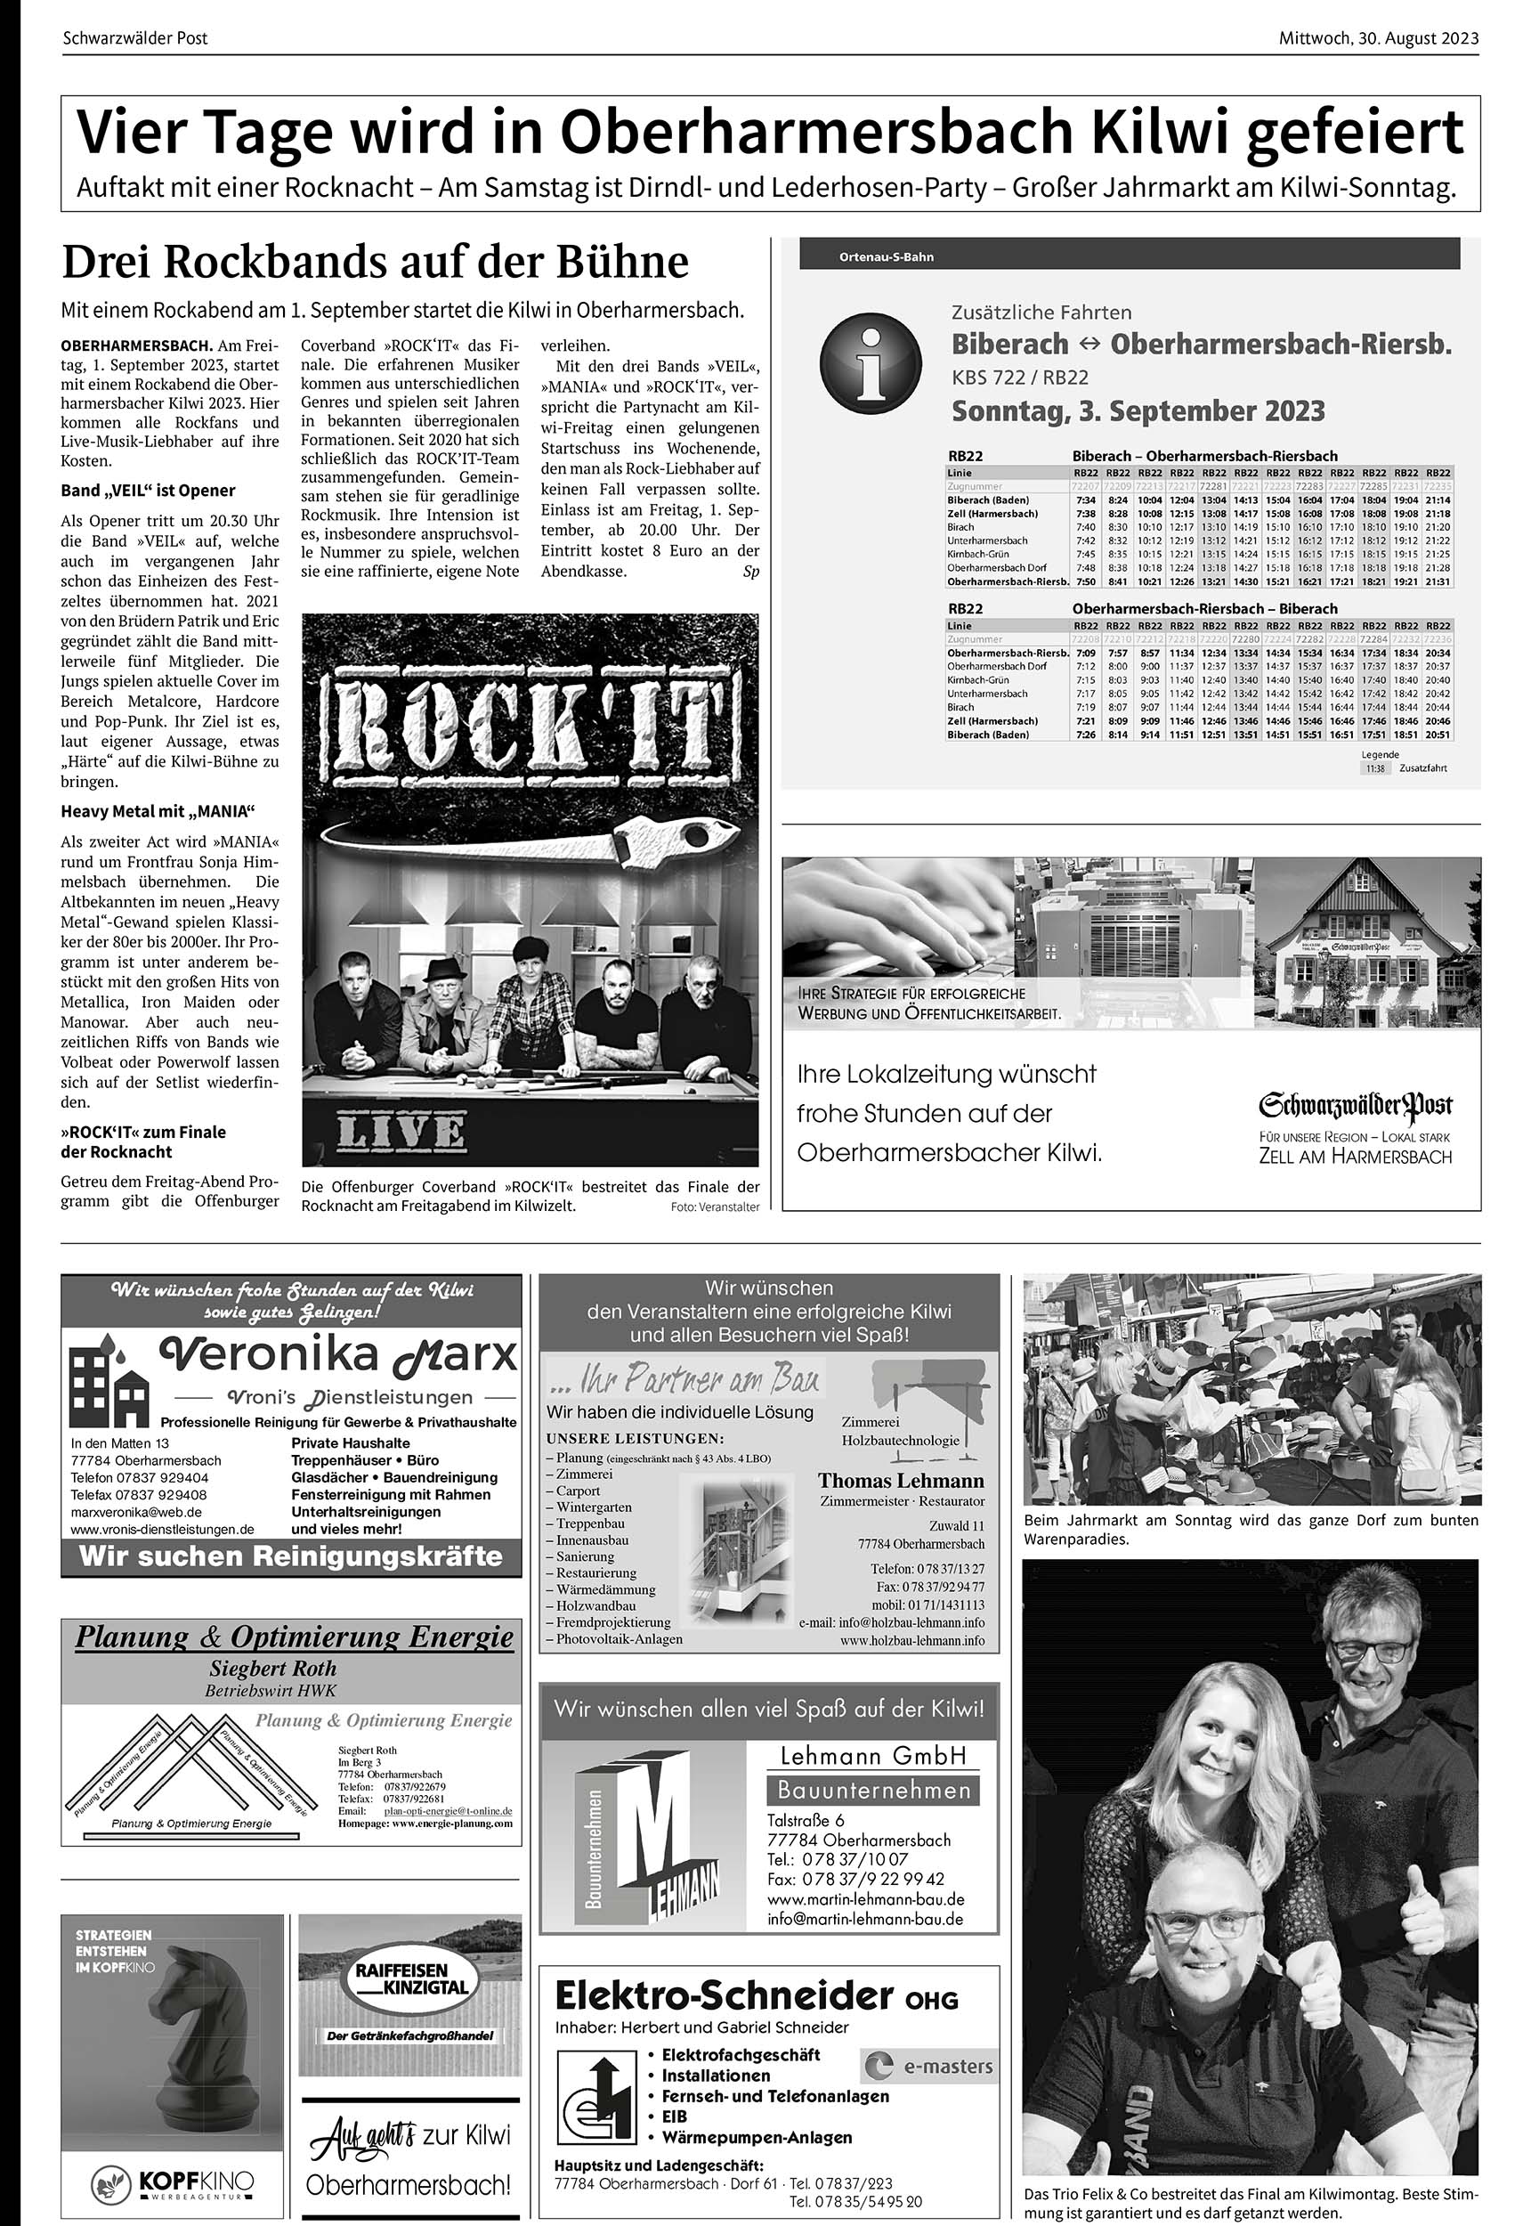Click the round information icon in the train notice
870,368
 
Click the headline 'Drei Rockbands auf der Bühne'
375,262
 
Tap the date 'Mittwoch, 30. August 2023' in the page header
1378,38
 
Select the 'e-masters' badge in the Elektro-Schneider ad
927,2066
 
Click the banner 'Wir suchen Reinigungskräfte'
291,1556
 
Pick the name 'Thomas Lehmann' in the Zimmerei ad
901,1481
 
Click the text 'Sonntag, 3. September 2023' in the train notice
1138,410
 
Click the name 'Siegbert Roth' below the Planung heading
273,1669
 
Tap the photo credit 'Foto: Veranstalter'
715,1206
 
